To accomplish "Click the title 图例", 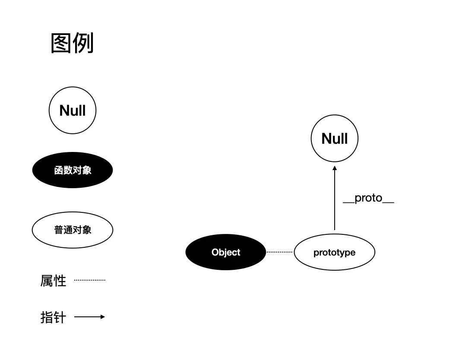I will (x=72, y=44).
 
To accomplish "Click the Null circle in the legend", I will (x=73, y=111).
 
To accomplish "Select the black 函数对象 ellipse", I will (x=73, y=170).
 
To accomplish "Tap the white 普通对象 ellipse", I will (x=73, y=230).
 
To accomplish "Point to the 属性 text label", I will (x=53, y=281).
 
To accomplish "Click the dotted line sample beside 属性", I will (x=90, y=280).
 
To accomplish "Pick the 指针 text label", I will (x=53, y=318).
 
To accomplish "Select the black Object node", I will (x=226, y=252).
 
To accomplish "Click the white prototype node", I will (x=334, y=252).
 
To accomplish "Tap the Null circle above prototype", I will (x=335, y=139).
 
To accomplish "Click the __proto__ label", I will (x=368, y=198).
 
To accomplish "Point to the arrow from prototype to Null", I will (x=335, y=199).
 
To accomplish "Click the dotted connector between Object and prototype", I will (x=280, y=252).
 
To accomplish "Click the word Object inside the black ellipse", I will (x=226, y=252).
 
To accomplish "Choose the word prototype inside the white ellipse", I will (x=334, y=252).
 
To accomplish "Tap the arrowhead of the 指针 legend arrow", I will (x=103, y=317).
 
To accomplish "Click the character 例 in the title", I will (x=83, y=44).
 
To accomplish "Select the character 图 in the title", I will (x=61, y=44).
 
